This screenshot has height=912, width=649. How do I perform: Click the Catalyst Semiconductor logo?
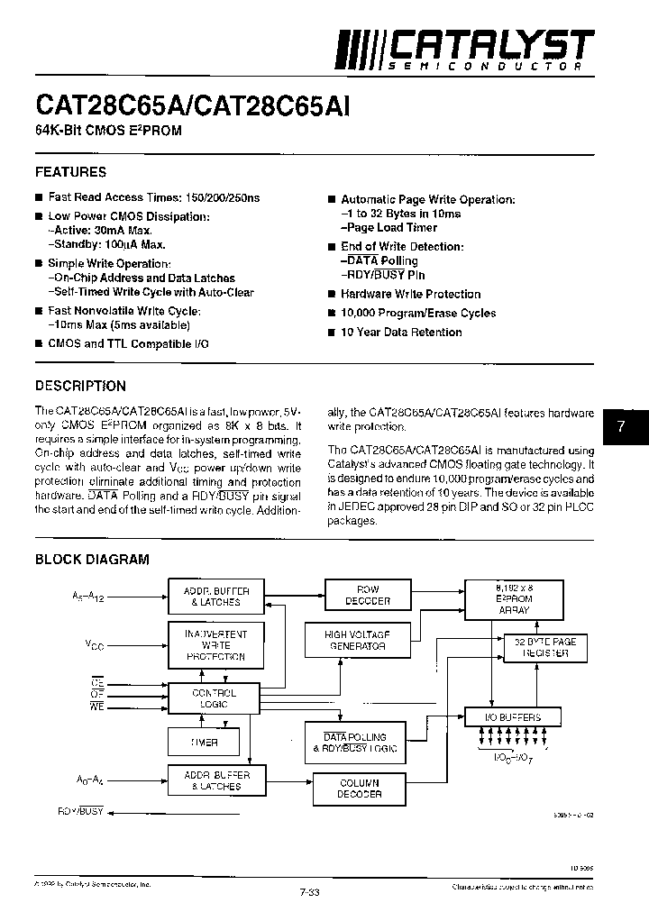(465, 50)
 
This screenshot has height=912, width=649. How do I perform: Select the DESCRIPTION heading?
(80, 386)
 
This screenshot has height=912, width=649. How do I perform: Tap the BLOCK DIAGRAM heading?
(92, 559)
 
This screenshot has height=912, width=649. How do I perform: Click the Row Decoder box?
(368, 596)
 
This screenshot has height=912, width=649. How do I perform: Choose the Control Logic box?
(215, 698)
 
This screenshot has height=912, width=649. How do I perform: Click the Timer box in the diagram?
(204, 743)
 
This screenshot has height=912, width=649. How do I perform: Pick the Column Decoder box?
(359, 789)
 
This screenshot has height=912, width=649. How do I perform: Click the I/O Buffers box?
(514, 718)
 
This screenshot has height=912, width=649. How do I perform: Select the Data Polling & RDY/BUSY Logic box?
(354, 743)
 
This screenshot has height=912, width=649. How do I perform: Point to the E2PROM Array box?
(514, 598)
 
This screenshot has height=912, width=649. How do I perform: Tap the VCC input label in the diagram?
(94, 644)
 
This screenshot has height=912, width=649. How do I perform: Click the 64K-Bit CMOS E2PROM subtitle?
(108, 132)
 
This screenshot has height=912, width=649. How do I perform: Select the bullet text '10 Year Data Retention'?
(401, 333)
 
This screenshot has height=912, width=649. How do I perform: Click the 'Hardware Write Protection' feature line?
(410, 295)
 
